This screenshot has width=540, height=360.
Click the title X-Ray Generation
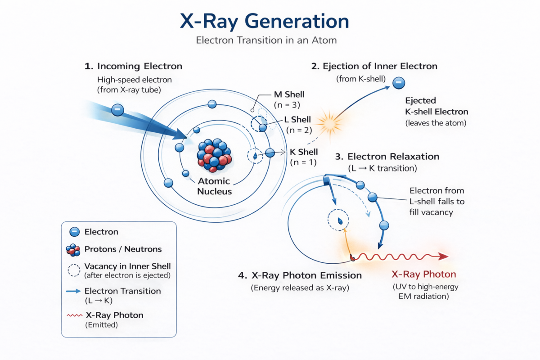click(264, 21)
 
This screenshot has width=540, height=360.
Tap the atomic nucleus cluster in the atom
click(214, 155)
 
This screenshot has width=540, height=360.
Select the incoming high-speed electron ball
click(117, 109)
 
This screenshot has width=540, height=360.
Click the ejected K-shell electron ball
click(399, 83)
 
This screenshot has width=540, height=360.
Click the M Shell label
click(289, 94)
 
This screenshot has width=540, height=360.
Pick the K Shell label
click(305, 152)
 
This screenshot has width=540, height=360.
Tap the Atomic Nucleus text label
click(214, 186)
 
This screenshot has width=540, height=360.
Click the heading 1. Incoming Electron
click(133, 66)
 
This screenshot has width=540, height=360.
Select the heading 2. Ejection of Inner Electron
click(374, 66)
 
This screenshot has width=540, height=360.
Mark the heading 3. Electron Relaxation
click(387, 157)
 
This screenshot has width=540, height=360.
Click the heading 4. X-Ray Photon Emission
click(300, 275)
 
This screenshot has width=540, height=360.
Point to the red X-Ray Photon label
click(424, 274)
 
